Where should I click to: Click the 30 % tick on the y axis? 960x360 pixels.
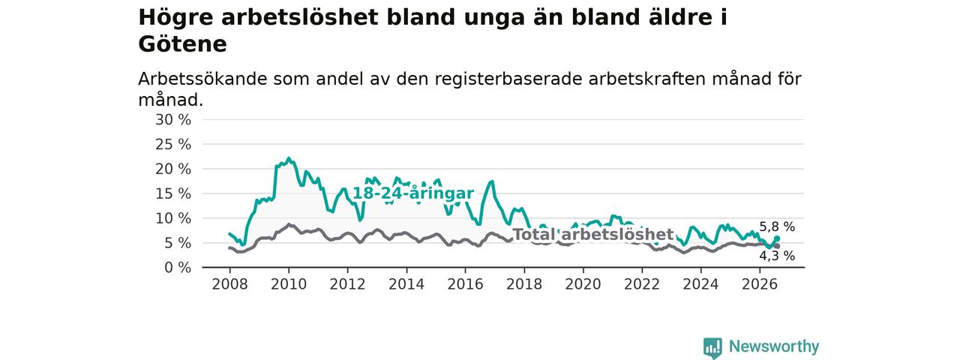tap(173, 119)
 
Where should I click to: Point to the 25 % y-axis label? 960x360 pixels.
tap(173, 145)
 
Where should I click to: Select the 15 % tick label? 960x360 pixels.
tap(173, 193)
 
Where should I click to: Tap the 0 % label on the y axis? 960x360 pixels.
tap(178, 268)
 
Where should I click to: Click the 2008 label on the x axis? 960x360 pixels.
tap(229, 284)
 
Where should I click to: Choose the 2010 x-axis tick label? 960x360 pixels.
tap(289, 284)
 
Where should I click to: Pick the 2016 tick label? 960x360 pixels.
tap(466, 284)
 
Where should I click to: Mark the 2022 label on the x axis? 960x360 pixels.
tap(642, 284)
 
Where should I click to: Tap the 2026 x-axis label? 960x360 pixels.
tap(760, 284)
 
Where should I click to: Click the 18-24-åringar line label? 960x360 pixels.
tap(413, 193)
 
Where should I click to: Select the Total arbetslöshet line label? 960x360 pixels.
tap(593, 235)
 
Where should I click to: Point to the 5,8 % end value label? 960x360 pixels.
tap(777, 226)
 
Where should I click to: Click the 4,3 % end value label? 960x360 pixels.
tap(777, 256)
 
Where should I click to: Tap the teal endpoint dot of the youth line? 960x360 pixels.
tap(777, 238)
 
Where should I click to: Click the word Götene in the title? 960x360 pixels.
tap(182, 44)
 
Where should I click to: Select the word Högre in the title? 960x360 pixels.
tap(175, 17)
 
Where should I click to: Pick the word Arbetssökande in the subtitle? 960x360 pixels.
tap(202, 79)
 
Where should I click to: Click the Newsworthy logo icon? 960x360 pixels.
tap(712, 347)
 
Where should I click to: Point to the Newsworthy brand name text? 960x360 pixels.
tap(774, 346)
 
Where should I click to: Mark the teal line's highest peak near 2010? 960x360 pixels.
tap(289, 158)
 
